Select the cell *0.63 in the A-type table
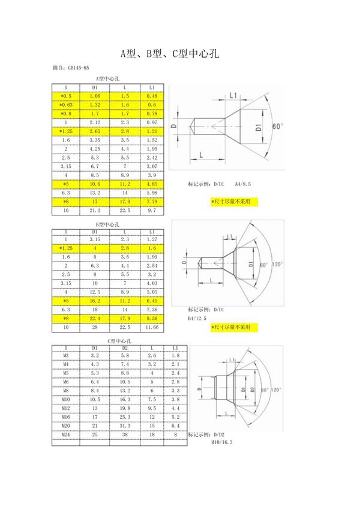coord(66,104)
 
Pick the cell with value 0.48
coord(152,96)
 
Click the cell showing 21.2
coord(95,211)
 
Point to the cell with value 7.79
coord(152,202)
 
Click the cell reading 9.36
coord(152,319)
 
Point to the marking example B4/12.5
coord(197,318)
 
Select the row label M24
coord(66,434)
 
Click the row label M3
coord(66,356)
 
